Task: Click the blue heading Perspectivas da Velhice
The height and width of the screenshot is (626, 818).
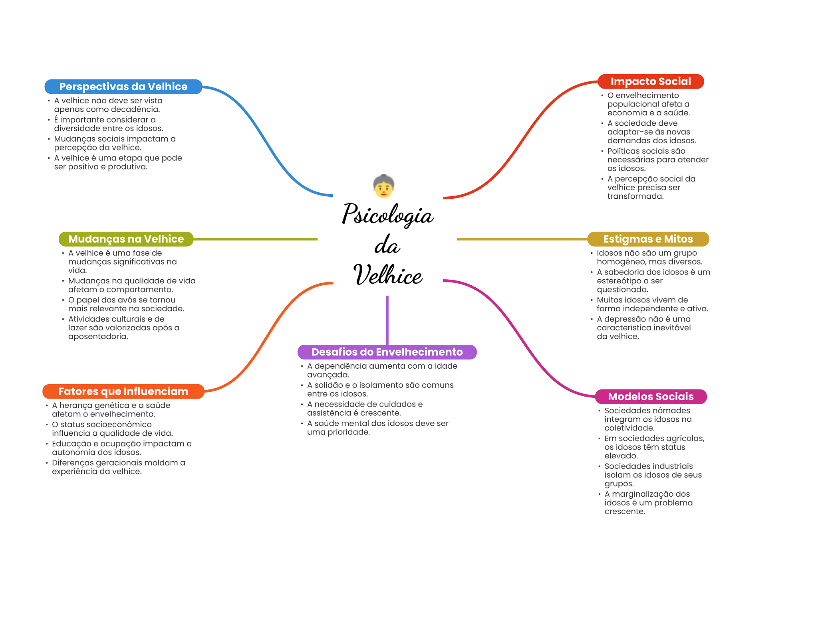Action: pyautogui.click(x=123, y=87)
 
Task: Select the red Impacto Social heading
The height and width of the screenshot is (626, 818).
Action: pyautogui.click(x=650, y=81)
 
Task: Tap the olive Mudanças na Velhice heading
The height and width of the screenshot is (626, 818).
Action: pyautogui.click(x=126, y=239)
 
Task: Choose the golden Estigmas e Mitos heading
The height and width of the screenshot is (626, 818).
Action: pyautogui.click(x=647, y=239)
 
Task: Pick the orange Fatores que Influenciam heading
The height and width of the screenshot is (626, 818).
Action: pyautogui.click(x=123, y=391)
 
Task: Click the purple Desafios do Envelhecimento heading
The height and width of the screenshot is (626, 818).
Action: pyautogui.click(x=387, y=352)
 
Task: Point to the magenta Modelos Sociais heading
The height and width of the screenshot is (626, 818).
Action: pyautogui.click(x=650, y=397)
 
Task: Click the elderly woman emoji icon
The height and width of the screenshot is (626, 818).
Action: pyautogui.click(x=383, y=186)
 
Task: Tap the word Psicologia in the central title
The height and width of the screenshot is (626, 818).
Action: pyautogui.click(x=387, y=215)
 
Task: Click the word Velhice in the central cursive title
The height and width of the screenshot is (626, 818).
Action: pyautogui.click(x=387, y=275)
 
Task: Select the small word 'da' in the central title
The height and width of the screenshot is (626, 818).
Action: pyautogui.click(x=387, y=245)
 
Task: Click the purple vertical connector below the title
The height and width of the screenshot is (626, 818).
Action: pyautogui.click(x=387, y=319)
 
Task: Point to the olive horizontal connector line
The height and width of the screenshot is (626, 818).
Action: pyautogui.click(x=256, y=239)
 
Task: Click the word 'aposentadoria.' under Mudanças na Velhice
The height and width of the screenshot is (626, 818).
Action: pyautogui.click(x=98, y=336)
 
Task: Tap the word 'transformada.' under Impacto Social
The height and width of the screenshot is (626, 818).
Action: pyautogui.click(x=635, y=196)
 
